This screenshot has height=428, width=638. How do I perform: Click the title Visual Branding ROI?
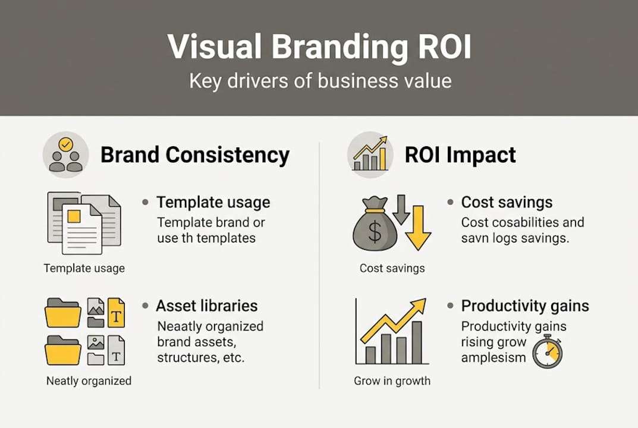pyautogui.click(x=319, y=47)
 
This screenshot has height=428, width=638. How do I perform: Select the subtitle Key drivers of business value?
pyautogui.click(x=320, y=81)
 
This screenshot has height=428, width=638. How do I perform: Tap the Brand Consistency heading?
pyautogui.click(x=194, y=155)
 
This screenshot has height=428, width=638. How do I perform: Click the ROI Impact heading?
pyautogui.click(x=460, y=155)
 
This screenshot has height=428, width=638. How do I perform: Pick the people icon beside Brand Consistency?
pyautogui.click(x=65, y=155)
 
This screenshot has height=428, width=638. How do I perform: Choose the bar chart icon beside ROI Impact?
pyautogui.click(x=370, y=155)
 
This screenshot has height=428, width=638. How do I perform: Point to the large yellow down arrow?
pyautogui.click(x=418, y=228)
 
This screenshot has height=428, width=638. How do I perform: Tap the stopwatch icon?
pyautogui.click(x=546, y=351)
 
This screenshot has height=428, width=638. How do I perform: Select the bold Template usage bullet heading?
pyautogui.click(x=213, y=202)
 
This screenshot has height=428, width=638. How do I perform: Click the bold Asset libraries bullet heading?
pyautogui.click(x=206, y=306)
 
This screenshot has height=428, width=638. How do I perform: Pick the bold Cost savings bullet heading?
pyautogui.click(x=507, y=202)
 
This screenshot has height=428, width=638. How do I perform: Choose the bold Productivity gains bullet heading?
pyautogui.click(x=525, y=306)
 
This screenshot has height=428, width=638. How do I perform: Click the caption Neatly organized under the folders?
pyautogui.click(x=89, y=381)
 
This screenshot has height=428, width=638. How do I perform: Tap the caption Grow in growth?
pyautogui.click(x=392, y=381)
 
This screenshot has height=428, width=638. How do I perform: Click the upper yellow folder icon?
pyautogui.click(x=63, y=313)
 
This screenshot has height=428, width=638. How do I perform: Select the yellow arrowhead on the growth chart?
pyautogui.click(x=419, y=306)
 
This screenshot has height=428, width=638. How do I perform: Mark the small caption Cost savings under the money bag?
pyautogui.click(x=392, y=268)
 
